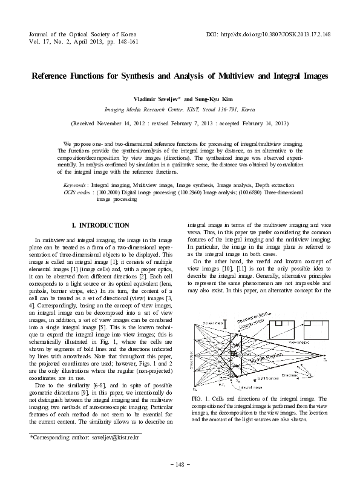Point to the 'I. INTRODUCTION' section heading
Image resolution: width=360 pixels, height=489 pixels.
point(100,225)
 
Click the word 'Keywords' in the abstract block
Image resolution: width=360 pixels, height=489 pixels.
point(75,184)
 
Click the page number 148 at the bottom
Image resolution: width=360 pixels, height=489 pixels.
point(180,464)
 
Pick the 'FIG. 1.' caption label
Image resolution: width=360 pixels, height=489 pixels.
point(199,399)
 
